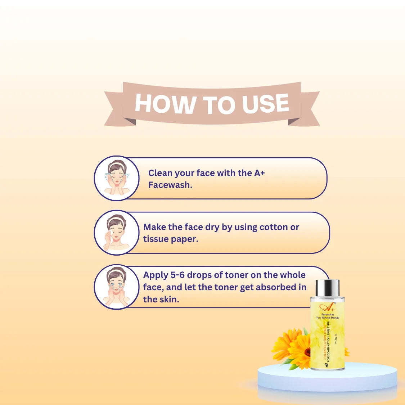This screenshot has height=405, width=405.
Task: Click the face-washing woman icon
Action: point(117,178)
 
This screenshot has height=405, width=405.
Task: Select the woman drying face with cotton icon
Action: point(117,233)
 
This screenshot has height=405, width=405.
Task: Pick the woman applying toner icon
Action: point(117,287)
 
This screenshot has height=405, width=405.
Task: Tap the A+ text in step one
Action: point(259,173)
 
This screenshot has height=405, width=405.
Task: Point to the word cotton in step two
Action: point(274,227)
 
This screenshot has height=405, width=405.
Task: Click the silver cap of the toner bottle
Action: point(327,288)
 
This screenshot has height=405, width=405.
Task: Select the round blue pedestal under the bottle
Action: point(327,378)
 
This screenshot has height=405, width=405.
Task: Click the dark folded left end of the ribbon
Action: point(129,121)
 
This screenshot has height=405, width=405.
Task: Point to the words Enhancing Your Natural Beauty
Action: point(328,316)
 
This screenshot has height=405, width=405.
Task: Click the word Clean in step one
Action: point(160,173)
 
